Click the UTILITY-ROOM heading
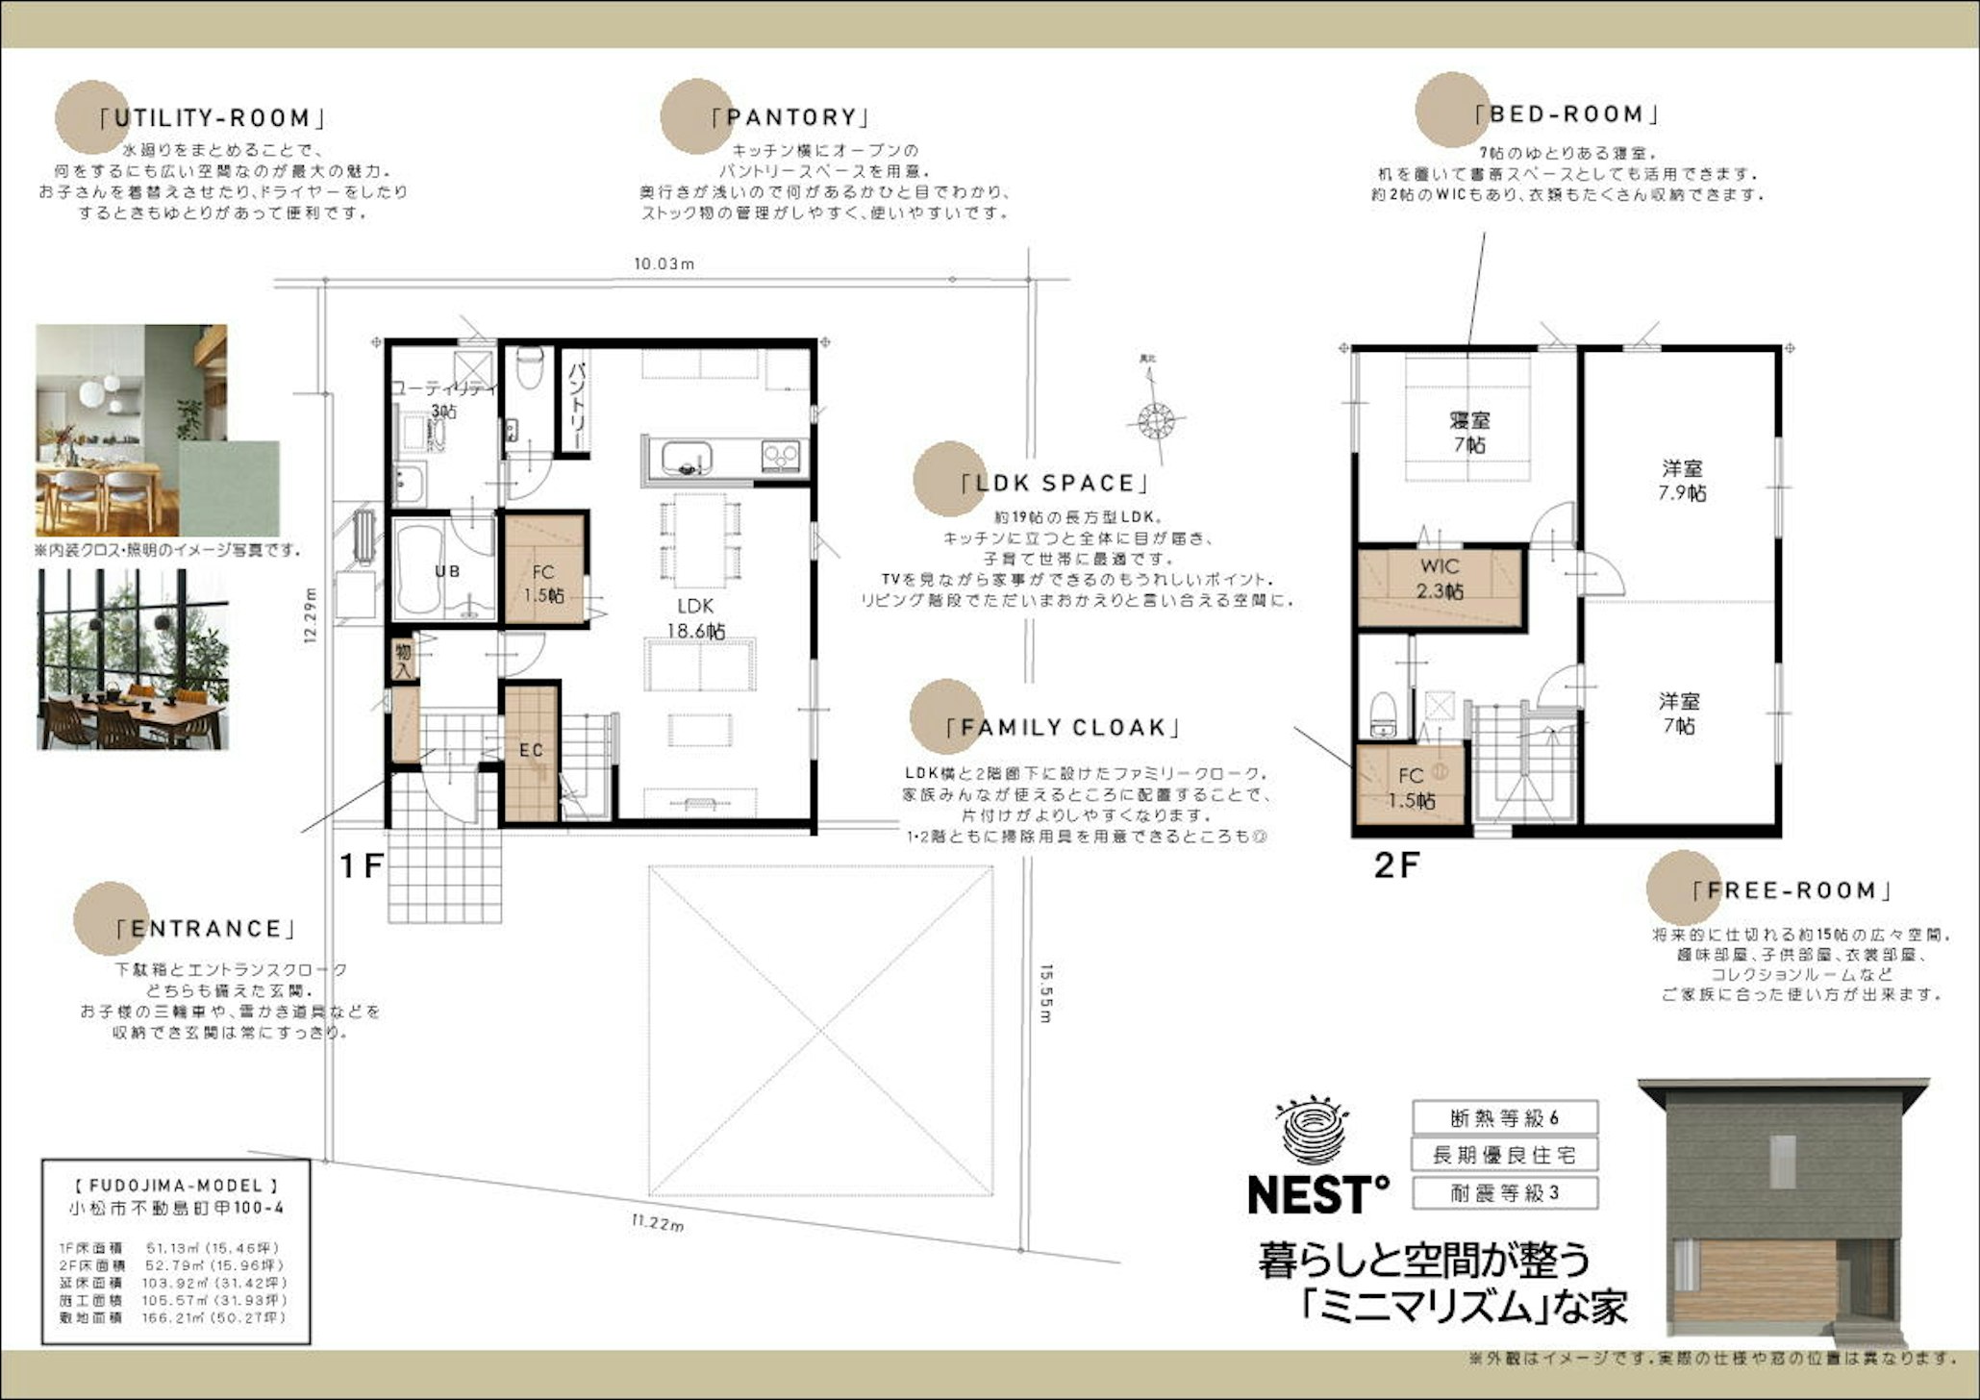point(212,119)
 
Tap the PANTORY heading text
point(790,118)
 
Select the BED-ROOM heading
point(1566,115)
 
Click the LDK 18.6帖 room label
point(695,618)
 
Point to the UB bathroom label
point(447,571)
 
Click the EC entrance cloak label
point(531,751)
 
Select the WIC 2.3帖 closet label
point(1439,579)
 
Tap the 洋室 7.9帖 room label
point(1682,481)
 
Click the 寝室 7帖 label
point(1469,433)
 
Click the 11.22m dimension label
point(658,1224)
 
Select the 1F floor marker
point(363,867)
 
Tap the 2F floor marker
point(1396,866)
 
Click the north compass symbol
point(1157,421)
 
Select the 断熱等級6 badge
point(1504,1118)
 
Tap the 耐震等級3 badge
point(1504,1193)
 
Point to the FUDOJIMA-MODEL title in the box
point(176,1187)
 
